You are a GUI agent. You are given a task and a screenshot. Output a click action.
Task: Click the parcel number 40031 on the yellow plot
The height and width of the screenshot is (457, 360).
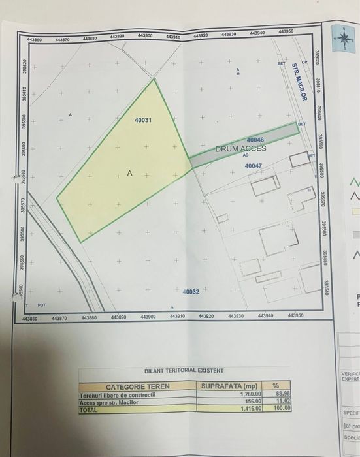(x=143, y=120)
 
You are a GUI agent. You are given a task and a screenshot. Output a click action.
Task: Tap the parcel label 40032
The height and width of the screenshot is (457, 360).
(x=191, y=291)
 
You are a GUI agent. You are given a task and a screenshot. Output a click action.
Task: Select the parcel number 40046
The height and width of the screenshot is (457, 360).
(x=255, y=140)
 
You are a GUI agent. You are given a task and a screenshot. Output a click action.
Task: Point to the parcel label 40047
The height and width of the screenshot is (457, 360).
(x=254, y=166)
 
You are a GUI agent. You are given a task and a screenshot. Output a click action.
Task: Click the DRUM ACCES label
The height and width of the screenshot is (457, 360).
(x=241, y=149)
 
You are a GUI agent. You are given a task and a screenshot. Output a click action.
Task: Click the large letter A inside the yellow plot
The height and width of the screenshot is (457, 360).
(x=130, y=174)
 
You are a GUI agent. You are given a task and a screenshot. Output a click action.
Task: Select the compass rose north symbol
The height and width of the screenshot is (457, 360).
(x=343, y=38)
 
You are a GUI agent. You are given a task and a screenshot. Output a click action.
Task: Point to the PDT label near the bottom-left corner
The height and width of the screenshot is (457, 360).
(x=41, y=306)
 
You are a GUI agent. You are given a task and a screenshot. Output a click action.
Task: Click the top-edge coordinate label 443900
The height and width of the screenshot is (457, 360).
(x=146, y=36)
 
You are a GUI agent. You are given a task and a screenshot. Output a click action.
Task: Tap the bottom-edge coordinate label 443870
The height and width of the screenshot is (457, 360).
(x=59, y=319)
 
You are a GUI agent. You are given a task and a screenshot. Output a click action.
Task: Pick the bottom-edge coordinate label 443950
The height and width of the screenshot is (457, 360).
(x=296, y=315)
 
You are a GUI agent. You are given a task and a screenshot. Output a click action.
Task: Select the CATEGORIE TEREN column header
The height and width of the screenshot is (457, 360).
(x=138, y=386)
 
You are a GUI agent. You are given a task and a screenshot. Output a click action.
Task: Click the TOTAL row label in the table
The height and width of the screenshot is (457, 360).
(x=88, y=409)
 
